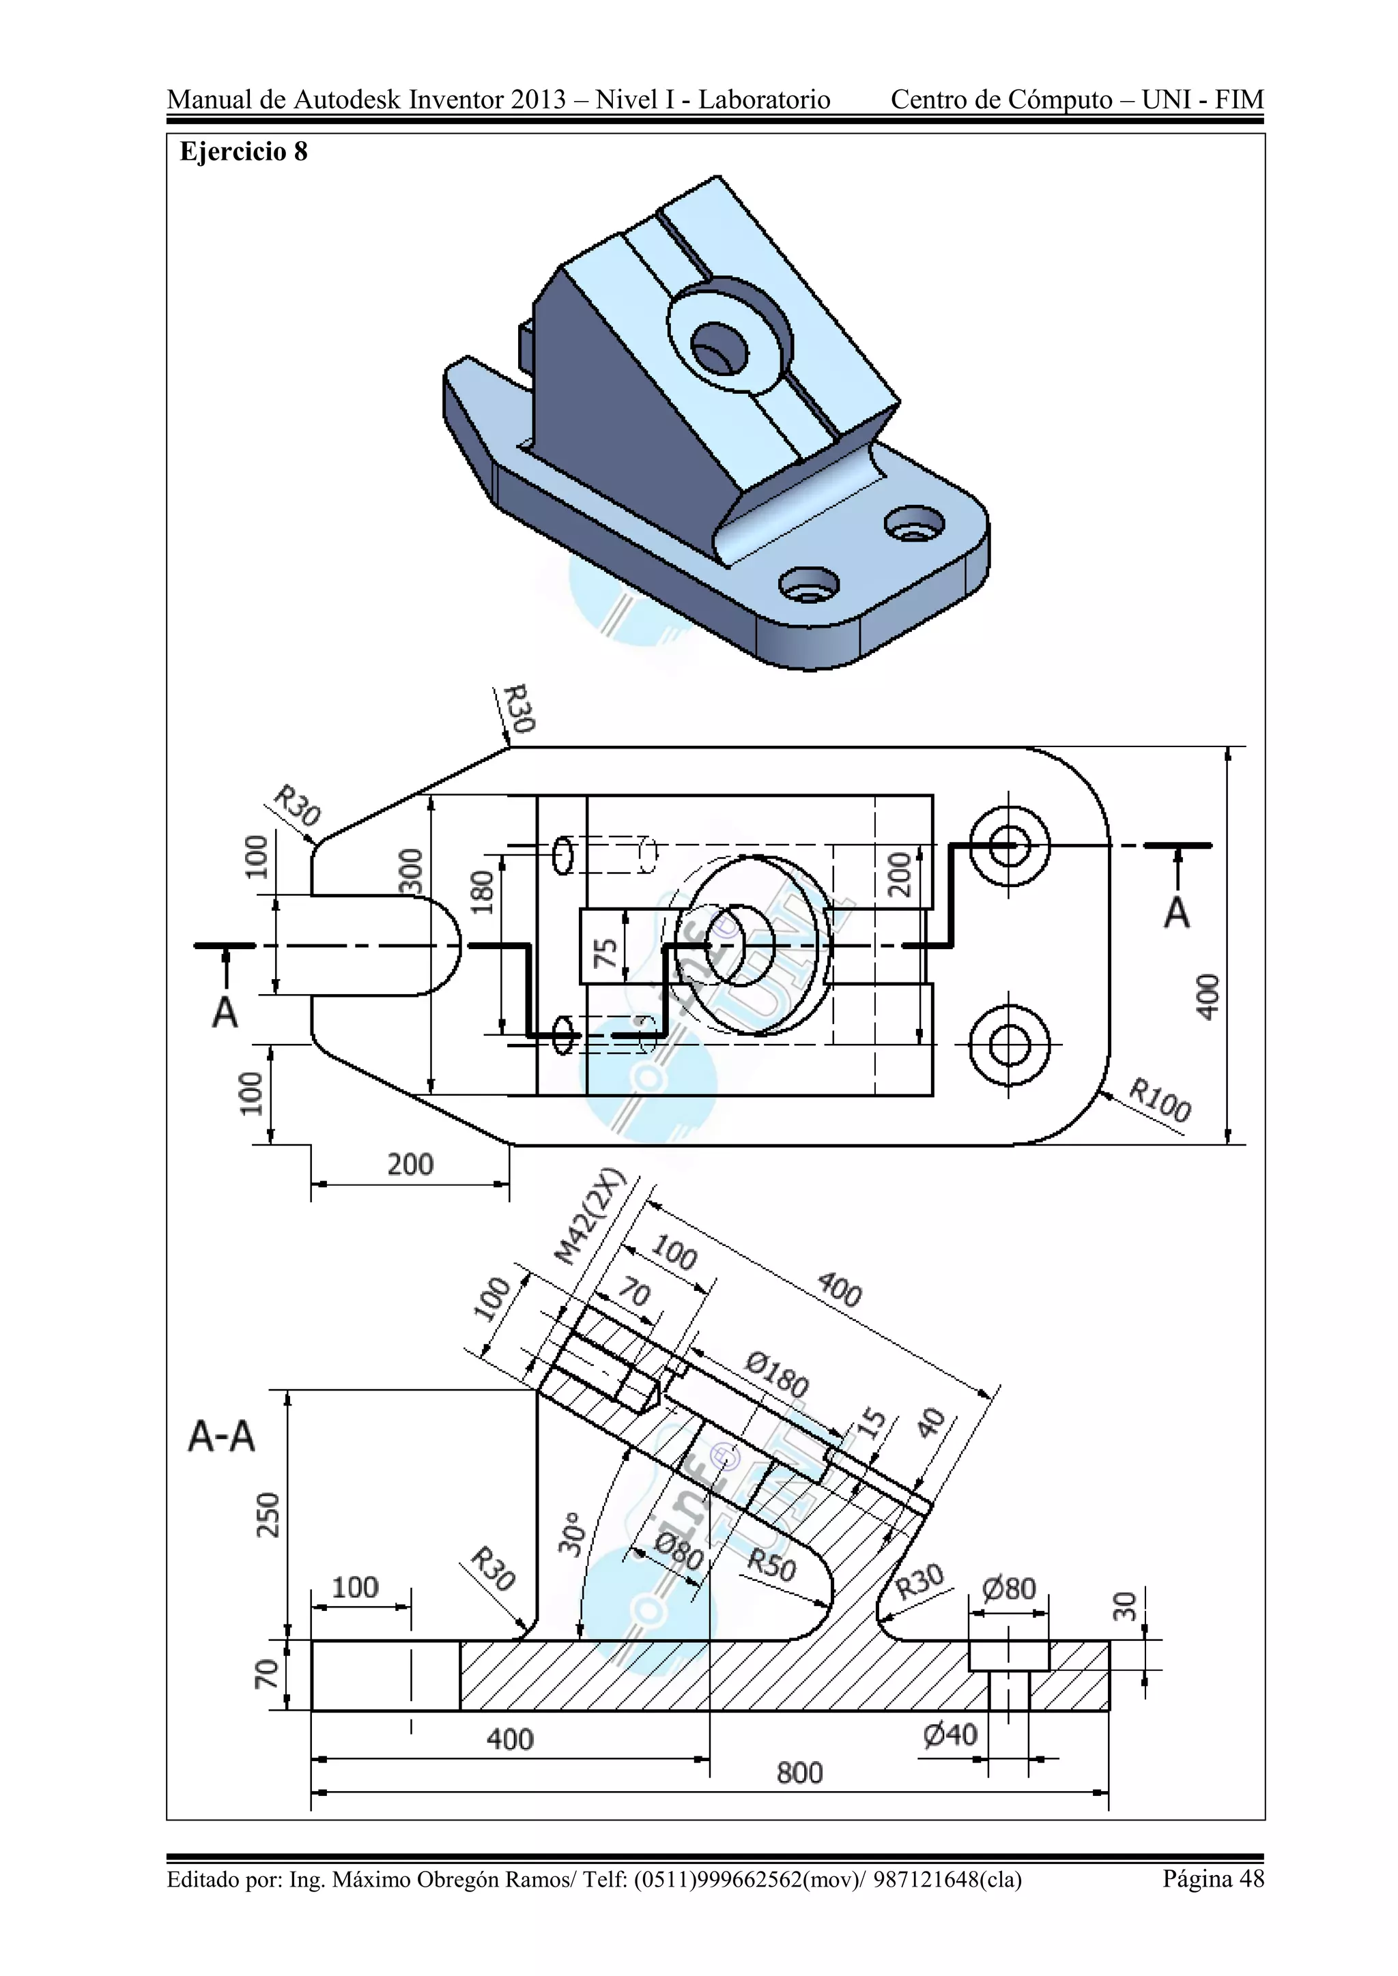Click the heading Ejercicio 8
243,152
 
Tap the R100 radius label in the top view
1160,1101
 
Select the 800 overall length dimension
800,1773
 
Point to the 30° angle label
571,1534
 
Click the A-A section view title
221,1436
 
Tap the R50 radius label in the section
771,1564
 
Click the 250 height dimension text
268,1515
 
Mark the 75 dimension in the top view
606,952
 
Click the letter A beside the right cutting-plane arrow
1177,913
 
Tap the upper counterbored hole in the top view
1009,846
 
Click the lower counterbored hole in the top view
1009,1046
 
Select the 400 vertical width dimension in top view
1209,997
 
